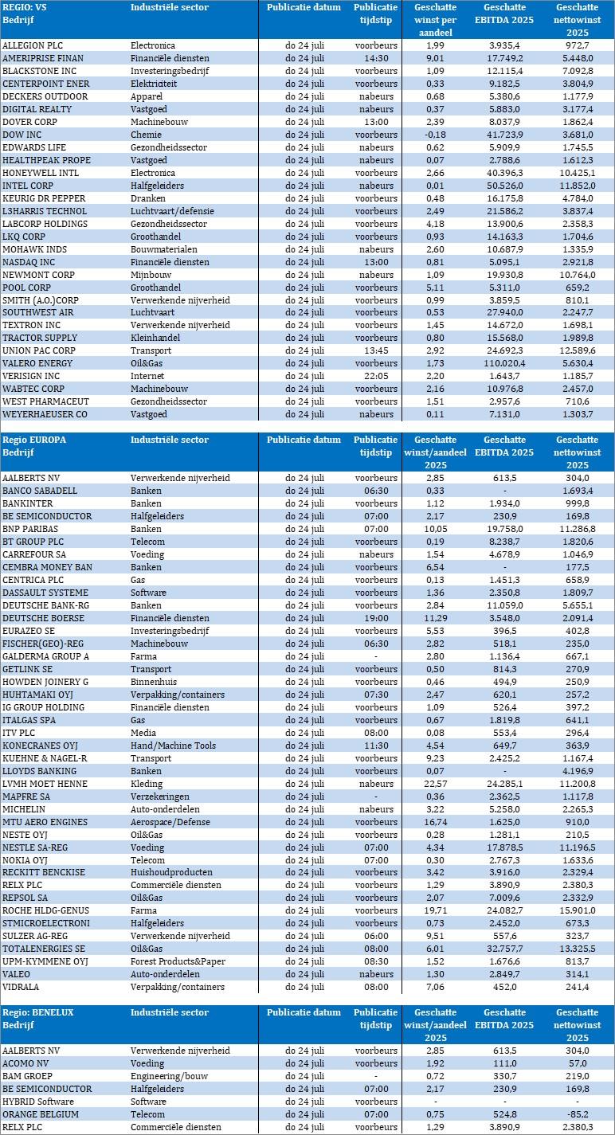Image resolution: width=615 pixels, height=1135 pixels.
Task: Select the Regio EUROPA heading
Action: point(34,440)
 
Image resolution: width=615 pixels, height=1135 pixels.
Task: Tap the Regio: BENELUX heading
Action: point(38,1012)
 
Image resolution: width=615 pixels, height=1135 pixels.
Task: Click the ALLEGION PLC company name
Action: point(33,45)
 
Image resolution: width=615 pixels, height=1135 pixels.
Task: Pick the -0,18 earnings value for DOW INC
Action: point(434,135)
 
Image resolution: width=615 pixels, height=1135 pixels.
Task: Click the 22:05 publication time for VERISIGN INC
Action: point(375,376)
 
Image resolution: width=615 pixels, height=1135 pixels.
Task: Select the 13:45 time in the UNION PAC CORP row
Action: point(375,350)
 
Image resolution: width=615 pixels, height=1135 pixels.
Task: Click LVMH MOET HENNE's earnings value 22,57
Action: point(434,784)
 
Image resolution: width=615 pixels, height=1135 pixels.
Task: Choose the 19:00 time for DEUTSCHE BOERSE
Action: point(375,618)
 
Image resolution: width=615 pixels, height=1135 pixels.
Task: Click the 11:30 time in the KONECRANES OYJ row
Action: point(375,746)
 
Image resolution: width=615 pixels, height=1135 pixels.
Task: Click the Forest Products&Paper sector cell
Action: point(179,961)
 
